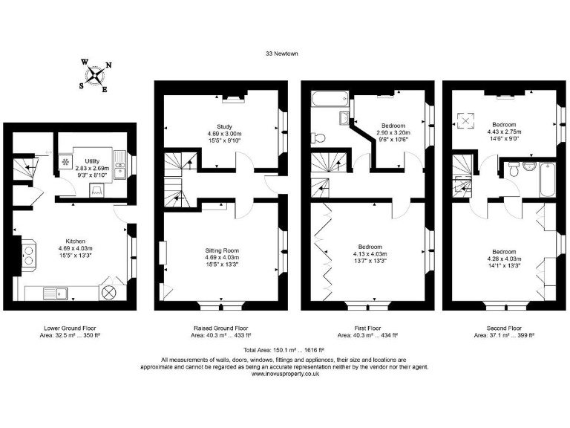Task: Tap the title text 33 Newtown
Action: point(284,53)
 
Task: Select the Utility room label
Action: point(92,161)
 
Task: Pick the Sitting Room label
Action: point(221,252)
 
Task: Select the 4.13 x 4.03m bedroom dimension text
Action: point(370,254)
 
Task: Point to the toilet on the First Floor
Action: point(317,137)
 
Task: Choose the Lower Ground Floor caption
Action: point(70,328)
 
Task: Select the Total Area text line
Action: point(284,348)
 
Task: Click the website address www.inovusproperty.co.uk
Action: point(284,374)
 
